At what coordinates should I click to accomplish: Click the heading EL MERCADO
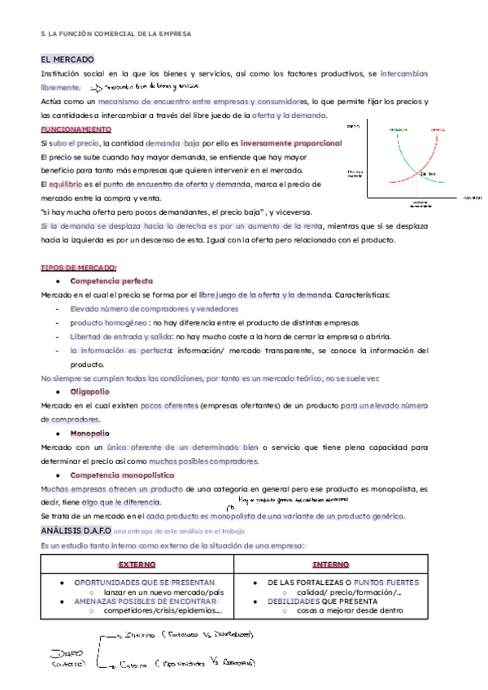68,59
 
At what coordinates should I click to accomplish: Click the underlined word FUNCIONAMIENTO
76,129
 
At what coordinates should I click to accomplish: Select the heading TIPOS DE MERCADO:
79,268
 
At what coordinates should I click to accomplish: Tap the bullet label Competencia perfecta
106,281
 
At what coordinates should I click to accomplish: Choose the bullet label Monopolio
89,434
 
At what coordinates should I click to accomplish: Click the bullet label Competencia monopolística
122,474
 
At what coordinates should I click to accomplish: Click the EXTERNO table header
136,564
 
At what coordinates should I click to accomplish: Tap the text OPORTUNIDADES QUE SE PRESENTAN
144,583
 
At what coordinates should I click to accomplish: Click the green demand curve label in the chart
398,129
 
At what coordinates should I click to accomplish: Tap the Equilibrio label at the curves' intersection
429,172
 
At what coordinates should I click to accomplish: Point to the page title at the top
116,33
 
